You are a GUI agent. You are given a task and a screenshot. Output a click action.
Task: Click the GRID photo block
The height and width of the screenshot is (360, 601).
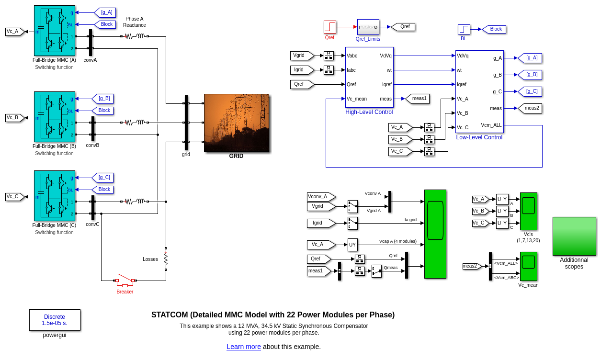click(x=237, y=123)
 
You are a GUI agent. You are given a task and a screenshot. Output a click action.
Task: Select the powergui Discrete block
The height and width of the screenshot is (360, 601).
click(x=55, y=320)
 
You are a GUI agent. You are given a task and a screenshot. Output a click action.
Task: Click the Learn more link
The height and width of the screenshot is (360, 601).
click(x=244, y=347)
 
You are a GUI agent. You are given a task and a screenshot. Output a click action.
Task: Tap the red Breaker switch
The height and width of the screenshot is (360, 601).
click(x=125, y=280)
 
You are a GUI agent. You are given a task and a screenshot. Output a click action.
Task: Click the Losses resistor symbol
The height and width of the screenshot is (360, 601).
click(x=166, y=259)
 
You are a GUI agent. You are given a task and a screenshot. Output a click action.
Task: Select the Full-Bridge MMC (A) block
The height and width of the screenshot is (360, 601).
click(x=55, y=31)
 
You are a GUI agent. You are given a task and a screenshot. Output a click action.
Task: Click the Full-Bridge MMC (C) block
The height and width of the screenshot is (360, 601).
click(x=55, y=196)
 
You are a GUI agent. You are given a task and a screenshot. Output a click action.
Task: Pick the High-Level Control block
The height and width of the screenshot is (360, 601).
click(x=369, y=77)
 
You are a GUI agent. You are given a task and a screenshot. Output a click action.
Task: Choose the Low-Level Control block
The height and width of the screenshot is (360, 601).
click(x=479, y=91)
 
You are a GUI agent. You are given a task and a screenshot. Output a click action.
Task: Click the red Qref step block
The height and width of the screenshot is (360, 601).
click(x=330, y=27)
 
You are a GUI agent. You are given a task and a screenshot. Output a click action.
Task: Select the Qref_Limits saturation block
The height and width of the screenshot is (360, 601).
click(x=368, y=27)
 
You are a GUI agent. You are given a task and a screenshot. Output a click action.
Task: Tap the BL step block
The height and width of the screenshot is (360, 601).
click(x=464, y=29)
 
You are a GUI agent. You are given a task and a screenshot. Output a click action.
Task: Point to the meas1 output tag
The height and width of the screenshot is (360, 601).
click(x=418, y=99)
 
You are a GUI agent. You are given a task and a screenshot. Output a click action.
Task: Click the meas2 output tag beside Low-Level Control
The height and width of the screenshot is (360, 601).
click(x=531, y=108)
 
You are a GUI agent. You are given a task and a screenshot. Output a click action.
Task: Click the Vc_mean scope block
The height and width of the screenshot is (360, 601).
click(x=529, y=266)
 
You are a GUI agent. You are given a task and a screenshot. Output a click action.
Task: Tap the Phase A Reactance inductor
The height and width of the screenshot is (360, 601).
click(x=140, y=36)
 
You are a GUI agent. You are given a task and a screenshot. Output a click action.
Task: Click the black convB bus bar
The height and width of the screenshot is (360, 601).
click(x=93, y=129)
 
